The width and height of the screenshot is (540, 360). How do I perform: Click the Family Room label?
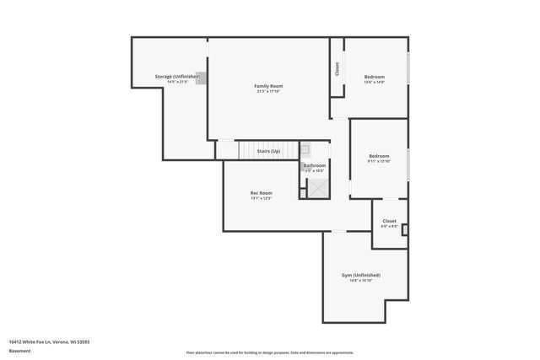pos(268,86)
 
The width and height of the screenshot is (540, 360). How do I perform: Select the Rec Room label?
pos(261,193)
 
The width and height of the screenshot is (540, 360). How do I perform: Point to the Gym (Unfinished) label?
pos(360,275)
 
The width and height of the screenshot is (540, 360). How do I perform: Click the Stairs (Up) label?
pos(268,151)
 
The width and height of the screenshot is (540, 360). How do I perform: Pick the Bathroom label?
pos(315,165)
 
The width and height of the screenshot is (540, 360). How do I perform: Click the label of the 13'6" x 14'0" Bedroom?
pos(374,77)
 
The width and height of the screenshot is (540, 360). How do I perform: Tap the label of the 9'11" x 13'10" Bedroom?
pos(379,156)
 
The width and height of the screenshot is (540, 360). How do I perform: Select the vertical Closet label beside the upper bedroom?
pos(337,68)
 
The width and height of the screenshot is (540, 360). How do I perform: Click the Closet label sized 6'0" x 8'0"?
pos(389,221)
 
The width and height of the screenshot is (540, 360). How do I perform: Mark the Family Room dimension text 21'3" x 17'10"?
pos(268,92)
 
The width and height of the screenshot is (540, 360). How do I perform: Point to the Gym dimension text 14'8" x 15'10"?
pos(360,281)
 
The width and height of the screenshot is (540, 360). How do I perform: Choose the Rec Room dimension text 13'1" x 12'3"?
pos(261,199)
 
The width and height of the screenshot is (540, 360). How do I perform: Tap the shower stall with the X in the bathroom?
pos(318,189)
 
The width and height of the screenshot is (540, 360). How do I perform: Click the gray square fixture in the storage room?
pos(201,78)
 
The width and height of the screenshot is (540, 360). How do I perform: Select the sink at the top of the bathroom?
pos(305,149)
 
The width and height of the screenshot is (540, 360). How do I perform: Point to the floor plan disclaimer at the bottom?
pos(269,351)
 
